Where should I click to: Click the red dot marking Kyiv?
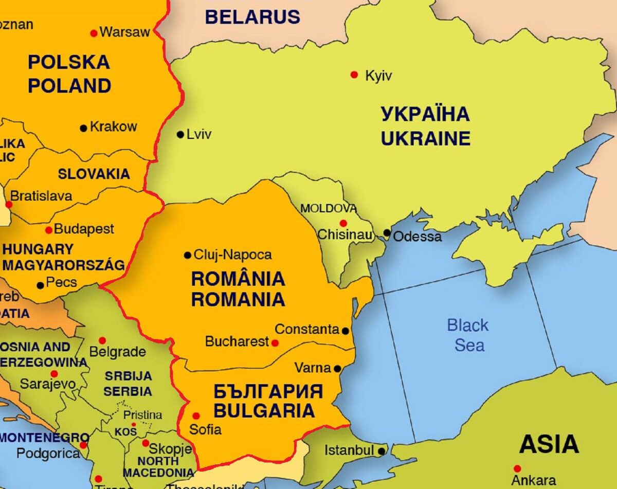[x=354, y=75]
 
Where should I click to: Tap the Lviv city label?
[x=199, y=135]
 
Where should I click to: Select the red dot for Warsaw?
[x=94, y=33]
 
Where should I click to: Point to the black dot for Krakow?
[x=83, y=128]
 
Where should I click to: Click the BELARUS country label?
[x=252, y=17]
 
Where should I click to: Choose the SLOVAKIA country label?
[x=94, y=174]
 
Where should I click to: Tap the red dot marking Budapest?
[x=49, y=230]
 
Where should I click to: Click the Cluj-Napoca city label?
[x=232, y=255]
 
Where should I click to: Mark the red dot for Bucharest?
[x=275, y=343]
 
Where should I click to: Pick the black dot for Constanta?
[x=346, y=331]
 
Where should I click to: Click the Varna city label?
[x=313, y=368]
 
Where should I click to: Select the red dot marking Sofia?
[x=196, y=416]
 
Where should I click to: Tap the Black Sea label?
[x=468, y=335]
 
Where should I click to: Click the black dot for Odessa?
[x=387, y=233]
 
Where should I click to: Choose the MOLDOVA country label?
[x=329, y=209]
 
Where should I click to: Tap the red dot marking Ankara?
[x=517, y=468]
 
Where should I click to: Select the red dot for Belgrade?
[x=102, y=340]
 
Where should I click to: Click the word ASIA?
[x=549, y=444]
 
